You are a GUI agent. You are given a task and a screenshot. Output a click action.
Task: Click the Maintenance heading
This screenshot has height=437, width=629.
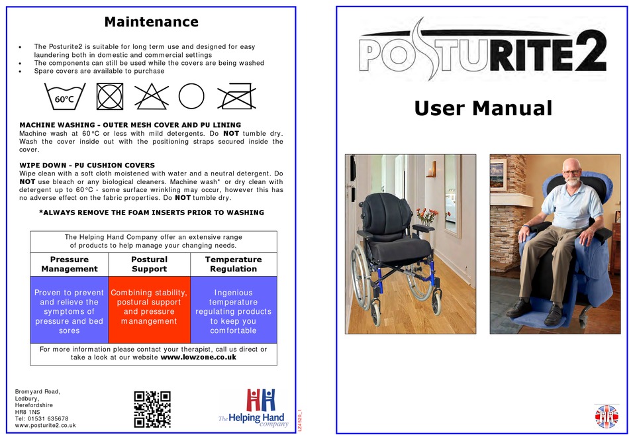[x=151, y=22]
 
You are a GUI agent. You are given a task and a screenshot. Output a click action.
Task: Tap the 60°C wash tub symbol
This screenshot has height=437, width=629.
[x=65, y=96]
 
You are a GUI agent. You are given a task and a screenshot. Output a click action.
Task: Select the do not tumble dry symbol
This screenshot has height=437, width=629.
[x=109, y=96]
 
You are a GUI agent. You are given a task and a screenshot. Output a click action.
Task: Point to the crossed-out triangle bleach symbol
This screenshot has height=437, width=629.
[x=151, y=96]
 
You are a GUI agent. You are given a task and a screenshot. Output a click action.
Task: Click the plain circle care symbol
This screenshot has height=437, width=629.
[x=191, y=96]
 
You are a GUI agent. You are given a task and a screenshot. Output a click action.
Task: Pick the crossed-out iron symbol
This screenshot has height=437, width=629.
[x=236, y=96]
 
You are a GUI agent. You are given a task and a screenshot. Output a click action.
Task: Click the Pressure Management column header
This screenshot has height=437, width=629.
[x=70, y=264]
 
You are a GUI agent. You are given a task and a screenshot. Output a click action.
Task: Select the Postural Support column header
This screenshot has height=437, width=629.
[x=149, y=264]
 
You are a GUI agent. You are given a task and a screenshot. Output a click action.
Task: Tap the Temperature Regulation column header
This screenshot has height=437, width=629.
[x=234, y=264]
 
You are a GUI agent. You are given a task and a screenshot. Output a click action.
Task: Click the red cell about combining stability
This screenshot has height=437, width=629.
[x=149, y=309]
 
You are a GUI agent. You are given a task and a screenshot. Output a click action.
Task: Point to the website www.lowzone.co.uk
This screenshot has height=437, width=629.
[x=198, y=357]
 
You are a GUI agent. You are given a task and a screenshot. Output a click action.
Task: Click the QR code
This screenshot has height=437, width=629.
[x=152, y=409]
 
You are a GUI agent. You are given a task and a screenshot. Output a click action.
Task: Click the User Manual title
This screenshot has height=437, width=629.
[x=483, y=108]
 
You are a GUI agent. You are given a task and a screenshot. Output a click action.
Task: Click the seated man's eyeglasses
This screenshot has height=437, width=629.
[x=571, y=172]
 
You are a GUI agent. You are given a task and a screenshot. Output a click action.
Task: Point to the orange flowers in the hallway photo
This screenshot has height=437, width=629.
[x=427, y=215]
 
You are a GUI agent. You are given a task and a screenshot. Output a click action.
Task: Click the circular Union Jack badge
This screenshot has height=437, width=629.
[x=606, y=416]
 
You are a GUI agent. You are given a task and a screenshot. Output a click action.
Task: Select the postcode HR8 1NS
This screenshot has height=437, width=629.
[x=27, y=412]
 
